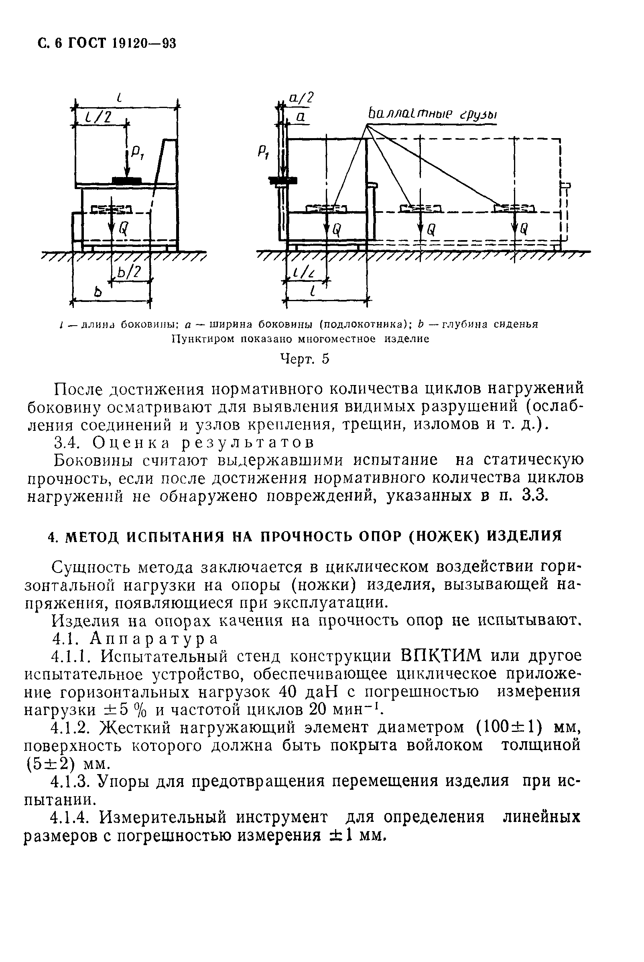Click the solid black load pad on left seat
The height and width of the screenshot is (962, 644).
tap(127, 180)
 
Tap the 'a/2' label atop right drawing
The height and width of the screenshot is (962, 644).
tap(301, 98)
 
